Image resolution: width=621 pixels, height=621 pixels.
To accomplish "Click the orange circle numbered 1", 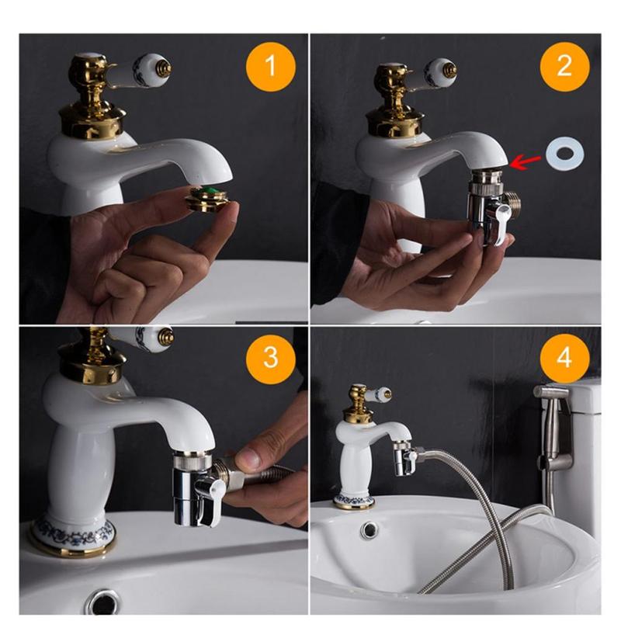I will pyautogui.click(x=269, y=66).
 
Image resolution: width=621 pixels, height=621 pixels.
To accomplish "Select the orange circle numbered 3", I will pyautogui.click(x=269, y=358).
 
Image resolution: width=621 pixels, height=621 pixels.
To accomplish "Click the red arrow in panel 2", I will pyautogui.click(x=526, y=161).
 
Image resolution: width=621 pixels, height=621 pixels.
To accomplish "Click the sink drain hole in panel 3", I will pyautogui.click(x=102, y=600).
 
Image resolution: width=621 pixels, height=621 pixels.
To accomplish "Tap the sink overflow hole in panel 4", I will pyautogui.click(x=370, y=531).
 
